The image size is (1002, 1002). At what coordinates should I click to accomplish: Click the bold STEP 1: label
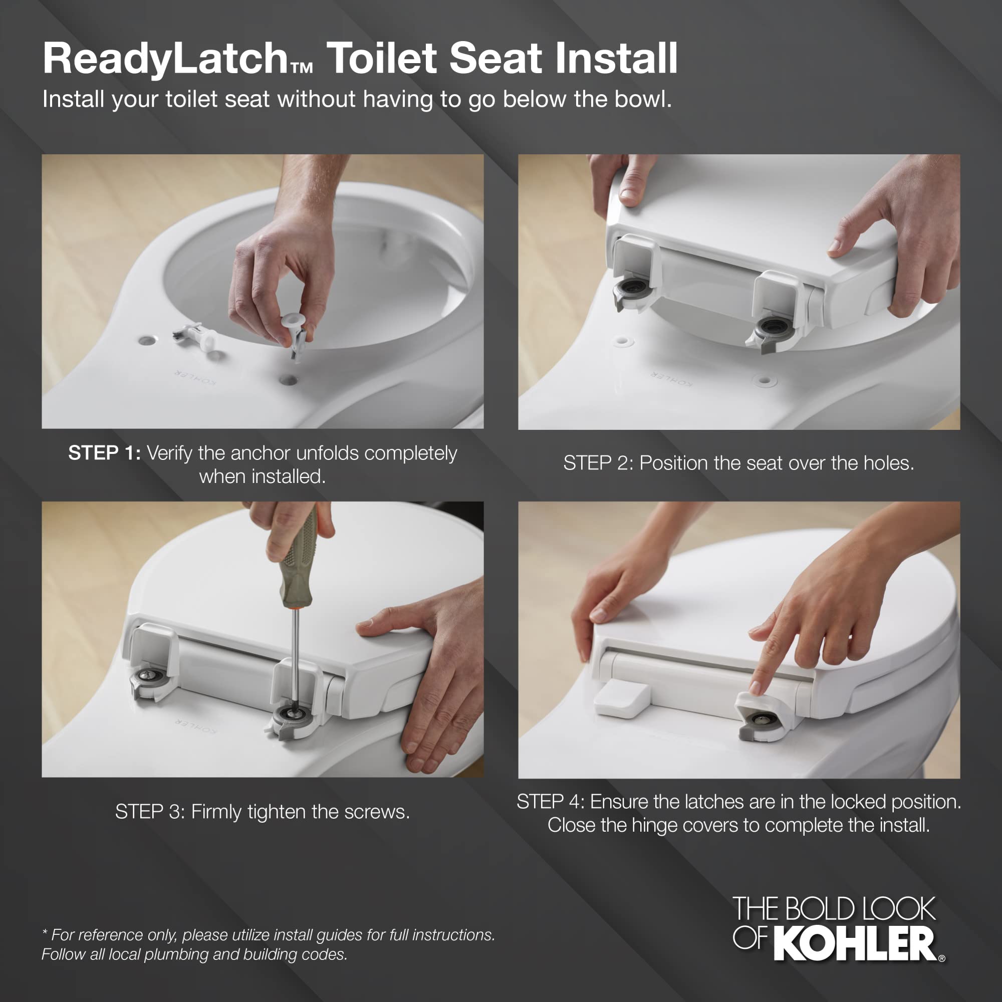click(104, 453)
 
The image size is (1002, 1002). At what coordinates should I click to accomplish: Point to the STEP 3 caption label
click(149, 812)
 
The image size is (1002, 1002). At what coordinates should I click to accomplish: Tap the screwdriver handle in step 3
click(298, 560)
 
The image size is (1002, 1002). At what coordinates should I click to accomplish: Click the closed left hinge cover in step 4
click(621, 699)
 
